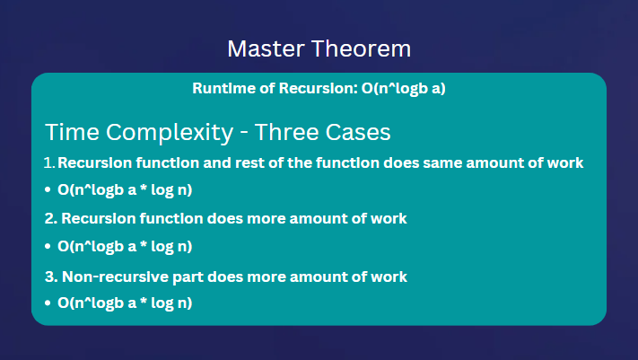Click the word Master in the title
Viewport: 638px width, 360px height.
point(266,48)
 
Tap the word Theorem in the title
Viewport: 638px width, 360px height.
point(362,48)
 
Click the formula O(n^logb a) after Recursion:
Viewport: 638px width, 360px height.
point(403,89)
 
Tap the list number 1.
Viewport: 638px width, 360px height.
point(48,162)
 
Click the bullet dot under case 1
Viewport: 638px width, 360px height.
point(48,189)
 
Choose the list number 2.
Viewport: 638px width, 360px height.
point(50,219)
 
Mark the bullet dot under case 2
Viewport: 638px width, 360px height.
point(48,246)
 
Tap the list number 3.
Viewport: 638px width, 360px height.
point(51,277)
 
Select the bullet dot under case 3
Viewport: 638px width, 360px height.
point(48,303)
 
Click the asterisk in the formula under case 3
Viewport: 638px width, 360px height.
point(144,301)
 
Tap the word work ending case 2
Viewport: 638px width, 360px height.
point(389,219)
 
